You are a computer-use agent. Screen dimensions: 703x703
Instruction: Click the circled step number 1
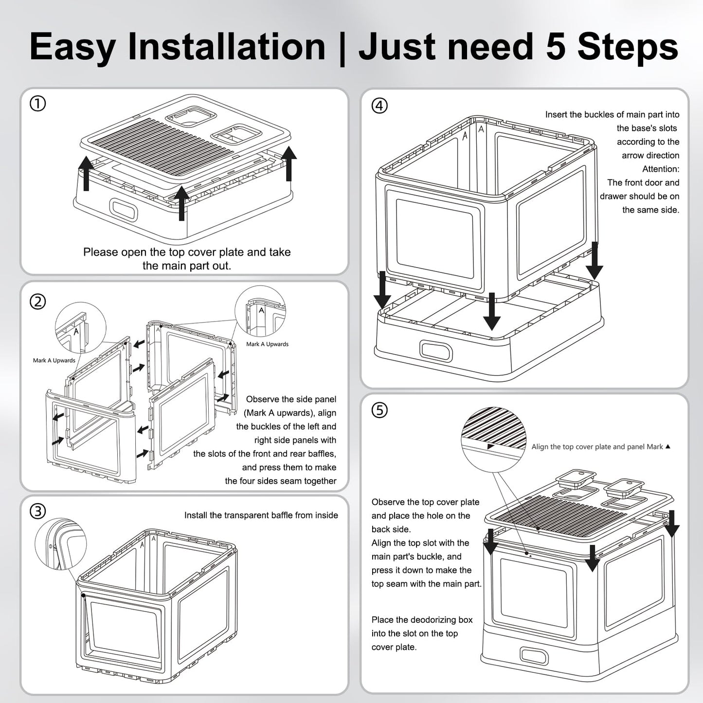click(x=37, y=104)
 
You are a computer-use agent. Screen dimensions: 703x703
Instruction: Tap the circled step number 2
click(x=37, y=302)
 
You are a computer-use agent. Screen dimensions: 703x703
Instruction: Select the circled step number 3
click(x=37, y=511)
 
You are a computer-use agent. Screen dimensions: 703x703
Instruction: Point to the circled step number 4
click(x=379, y=106)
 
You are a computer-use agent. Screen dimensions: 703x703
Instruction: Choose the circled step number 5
click(x=379, y=410)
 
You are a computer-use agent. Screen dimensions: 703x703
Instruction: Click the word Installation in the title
click(x=226, y=47)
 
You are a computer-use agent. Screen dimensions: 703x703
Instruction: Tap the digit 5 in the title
click(x=556, y=47)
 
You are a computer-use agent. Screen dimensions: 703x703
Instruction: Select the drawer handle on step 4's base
click(x=436, y=351)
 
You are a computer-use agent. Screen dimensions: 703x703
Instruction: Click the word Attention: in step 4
click(x=661, y=169)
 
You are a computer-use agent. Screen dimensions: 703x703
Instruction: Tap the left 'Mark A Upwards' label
click(x=54, y=361)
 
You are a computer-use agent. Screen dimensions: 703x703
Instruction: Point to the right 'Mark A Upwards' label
click(x=267, y=344)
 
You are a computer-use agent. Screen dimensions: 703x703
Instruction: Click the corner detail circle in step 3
click(x=61, y=544)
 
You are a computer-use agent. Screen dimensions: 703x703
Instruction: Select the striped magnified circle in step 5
click(x=494, y=439)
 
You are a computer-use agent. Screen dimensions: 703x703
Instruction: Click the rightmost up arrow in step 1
click(x=289, y=163)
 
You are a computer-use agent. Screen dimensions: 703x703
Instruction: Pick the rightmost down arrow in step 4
click(x=595, y=261)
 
